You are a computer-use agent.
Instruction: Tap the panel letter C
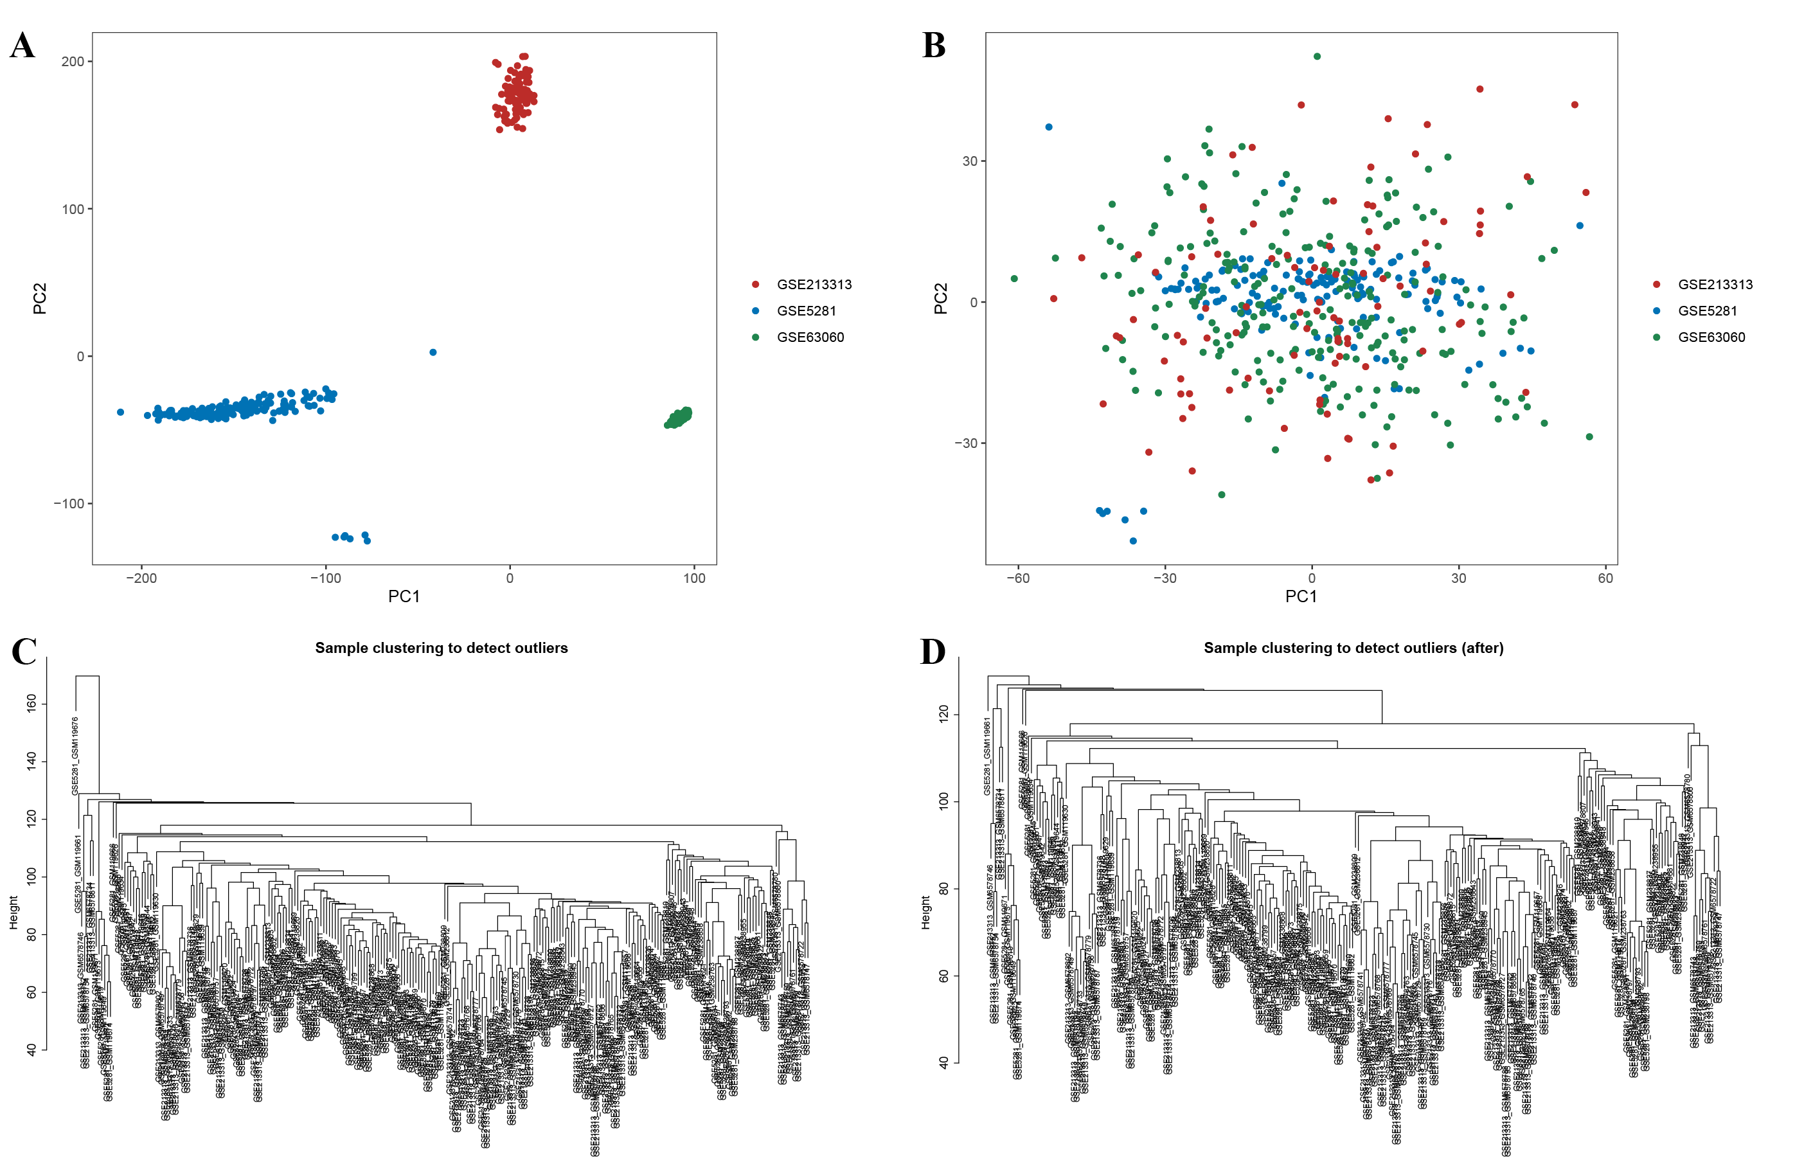click(x=24, y=652)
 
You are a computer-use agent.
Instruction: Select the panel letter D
click(x=933, y=652)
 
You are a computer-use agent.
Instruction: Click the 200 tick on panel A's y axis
click(x=73, y=62)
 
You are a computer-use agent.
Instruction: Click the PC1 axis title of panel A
click(x=404, y=596)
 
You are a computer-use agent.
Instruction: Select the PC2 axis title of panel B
click(x=940, y=299)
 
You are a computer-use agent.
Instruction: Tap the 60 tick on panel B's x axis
click(x=1605, y=578)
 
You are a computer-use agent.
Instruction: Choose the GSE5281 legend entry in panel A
click(x=805, y=311)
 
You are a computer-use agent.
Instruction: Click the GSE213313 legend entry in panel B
click(x=1714, y=284)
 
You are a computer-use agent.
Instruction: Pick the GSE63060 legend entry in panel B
click(x=1711, y=337)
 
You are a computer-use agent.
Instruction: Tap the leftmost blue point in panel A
click(x=121, y=413)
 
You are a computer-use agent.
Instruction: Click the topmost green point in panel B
click(x=1317, y=57)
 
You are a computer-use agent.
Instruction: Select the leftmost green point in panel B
click(x=1014, y=279)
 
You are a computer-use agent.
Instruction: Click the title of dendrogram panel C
click(x=442, y=648)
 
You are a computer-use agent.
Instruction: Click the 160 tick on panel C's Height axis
click(x=31, y=704)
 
